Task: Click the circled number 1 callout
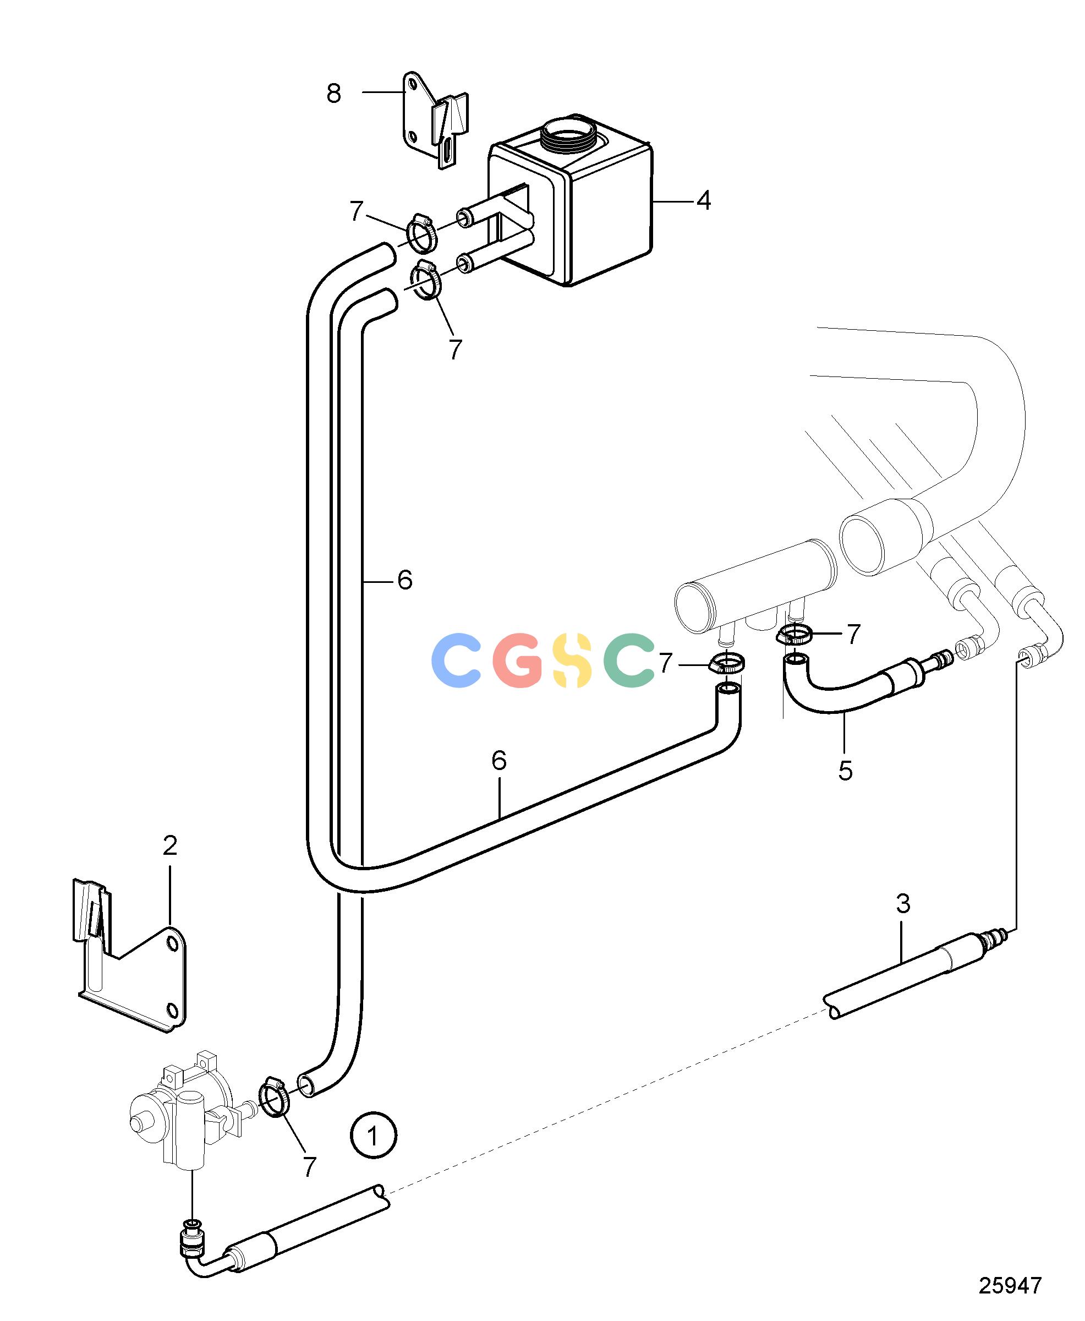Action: tap(373, 1136)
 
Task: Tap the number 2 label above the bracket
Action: tap(170, 846)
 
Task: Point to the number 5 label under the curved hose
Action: tap(845, 771)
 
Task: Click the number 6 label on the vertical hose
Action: tap(405, 581)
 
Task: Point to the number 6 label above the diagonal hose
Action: tap(498, 760)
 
